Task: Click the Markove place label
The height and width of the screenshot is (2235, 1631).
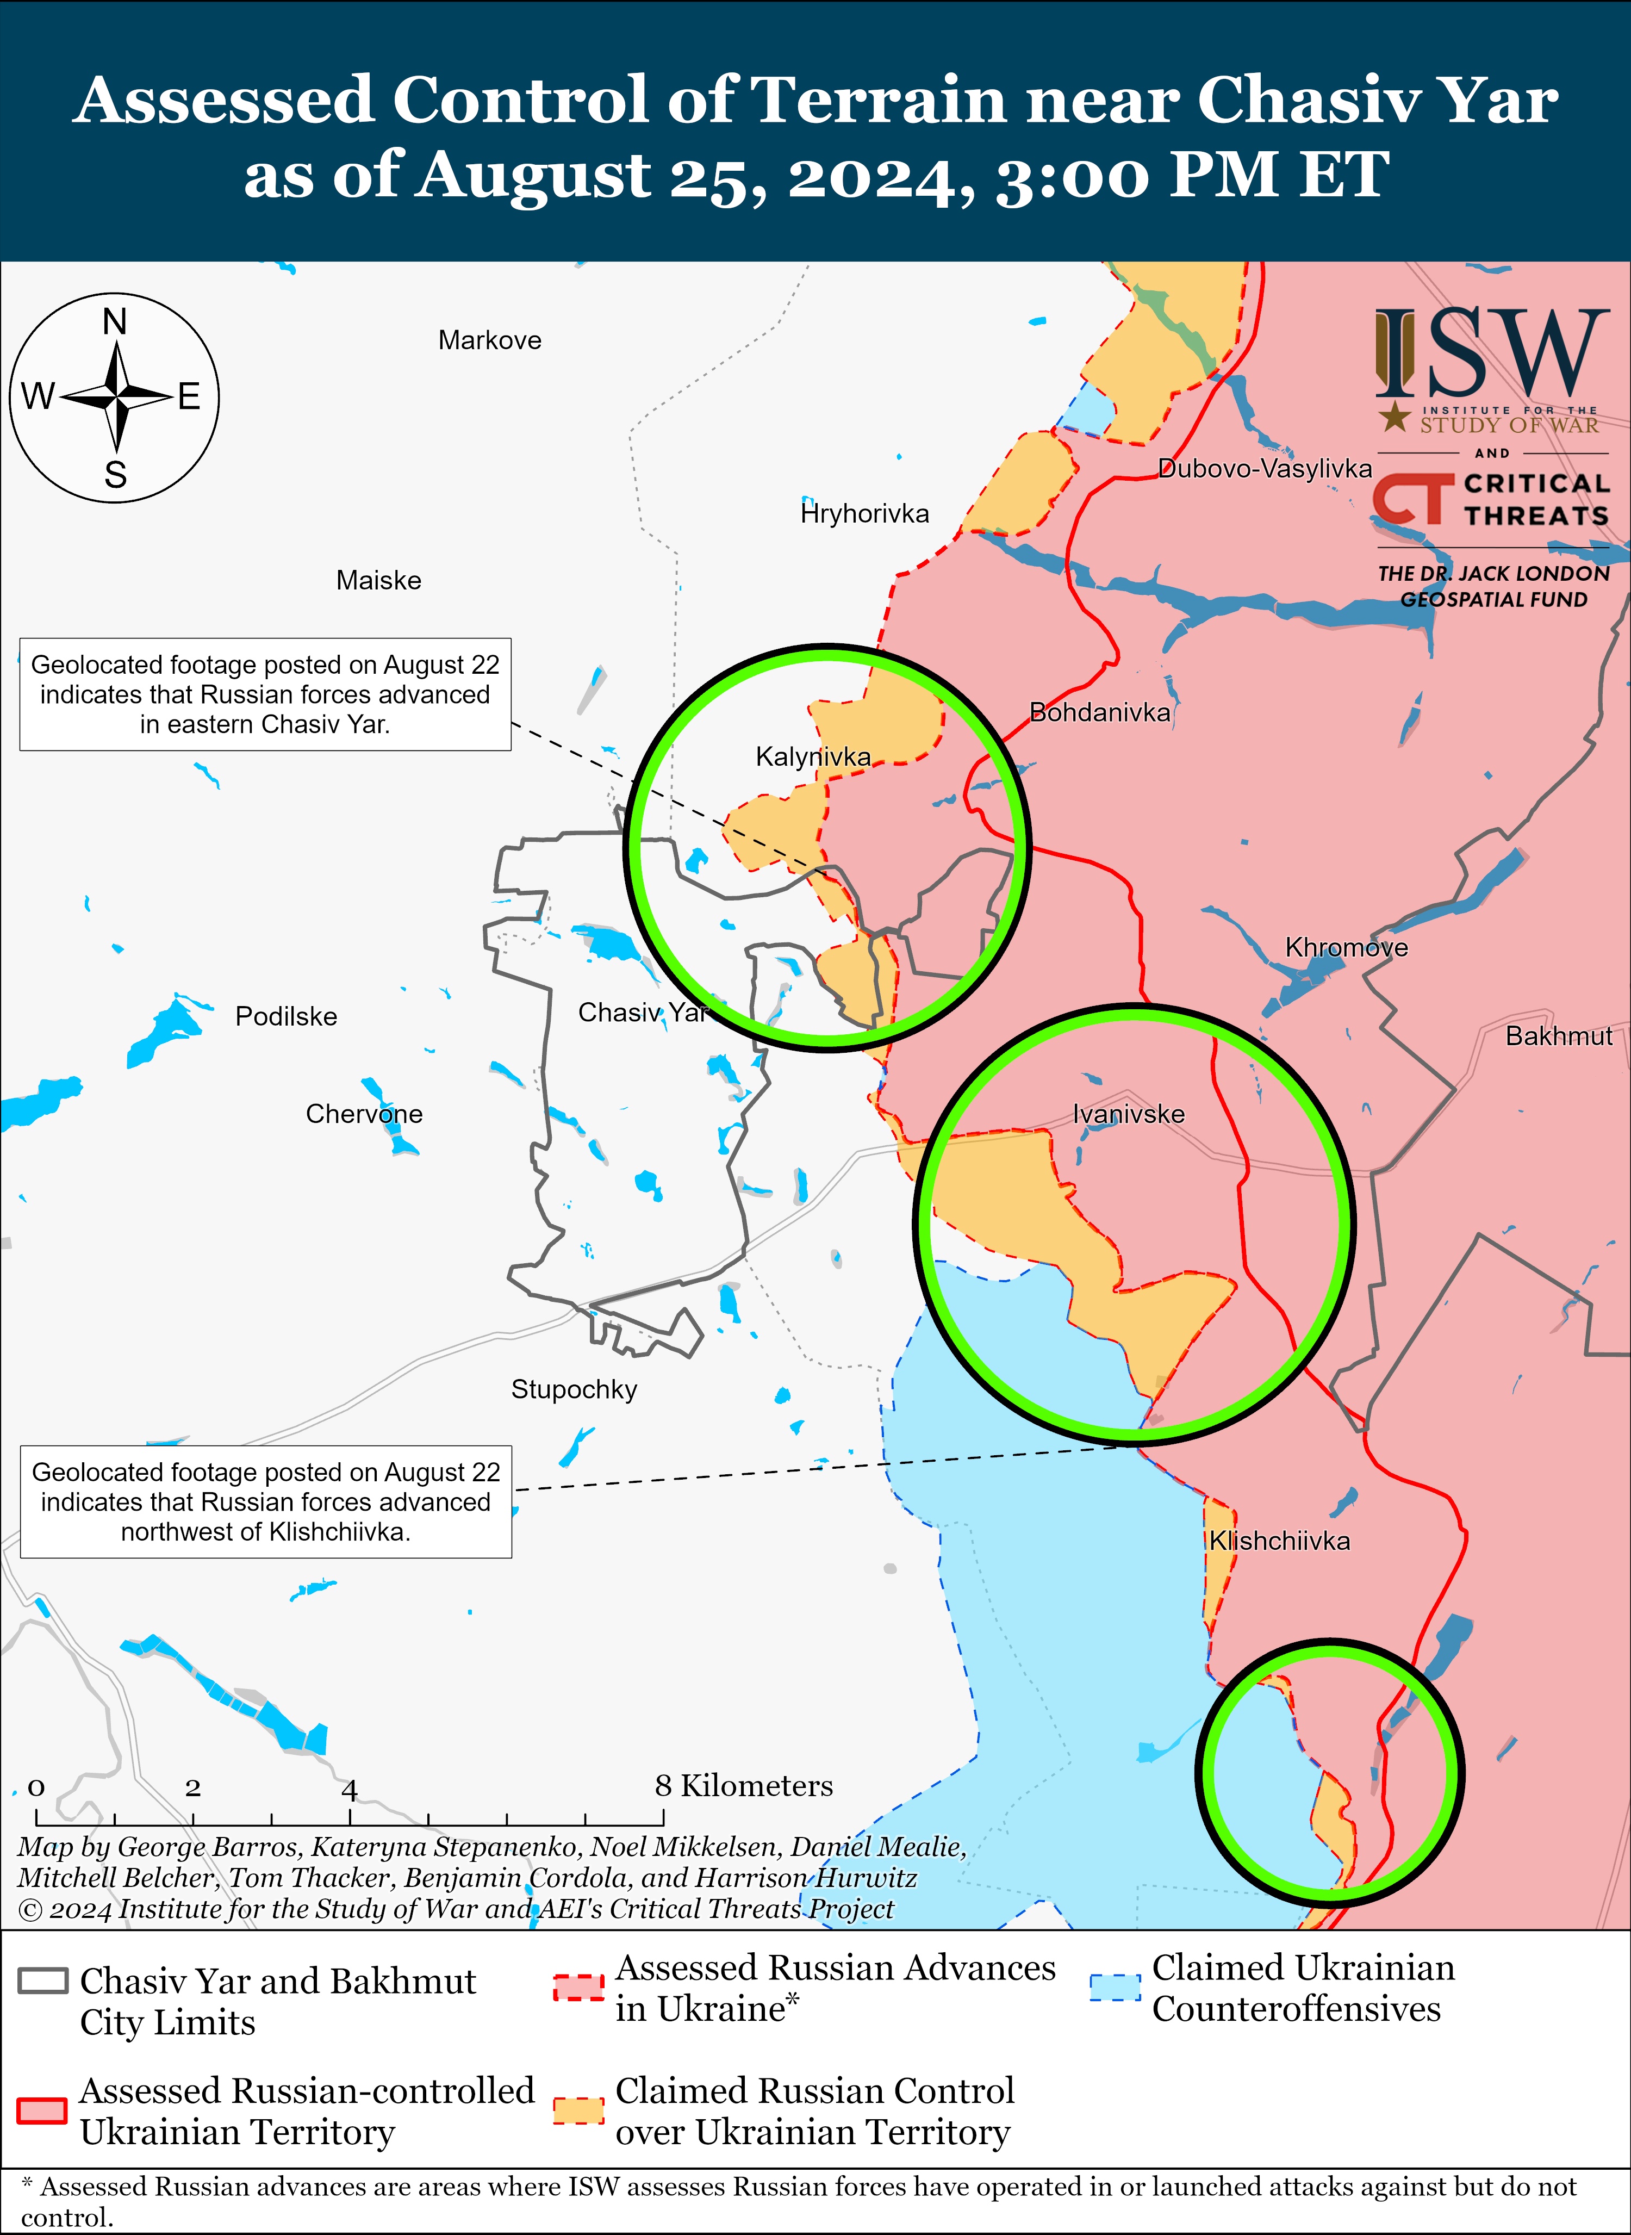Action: tap(490, 341)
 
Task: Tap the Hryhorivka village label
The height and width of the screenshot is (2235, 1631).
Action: tap(865, 513)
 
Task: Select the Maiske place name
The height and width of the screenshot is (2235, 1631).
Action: tap(378, 581)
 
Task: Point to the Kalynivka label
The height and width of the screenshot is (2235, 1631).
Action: tap(813, 756)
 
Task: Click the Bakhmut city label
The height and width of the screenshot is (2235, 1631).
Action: tap(1558, 1036)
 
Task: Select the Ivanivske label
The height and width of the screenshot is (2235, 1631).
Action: tap(1129, 1114)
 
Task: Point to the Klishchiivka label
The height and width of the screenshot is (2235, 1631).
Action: tap(1280, 1541)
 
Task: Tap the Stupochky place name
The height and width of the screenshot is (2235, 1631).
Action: tap(574, 1389)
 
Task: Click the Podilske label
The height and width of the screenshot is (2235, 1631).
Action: tap(287, 1016)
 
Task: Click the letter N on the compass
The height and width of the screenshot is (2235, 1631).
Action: tap(115, 322)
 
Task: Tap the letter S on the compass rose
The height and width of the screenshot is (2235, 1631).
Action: tap(115, 475)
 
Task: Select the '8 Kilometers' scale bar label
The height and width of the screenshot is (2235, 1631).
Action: tap(743, 1786)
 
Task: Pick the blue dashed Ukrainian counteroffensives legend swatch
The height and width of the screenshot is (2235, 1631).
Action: tap(1115, 1987)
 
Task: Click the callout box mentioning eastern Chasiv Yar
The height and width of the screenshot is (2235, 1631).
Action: tap(265, 694)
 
